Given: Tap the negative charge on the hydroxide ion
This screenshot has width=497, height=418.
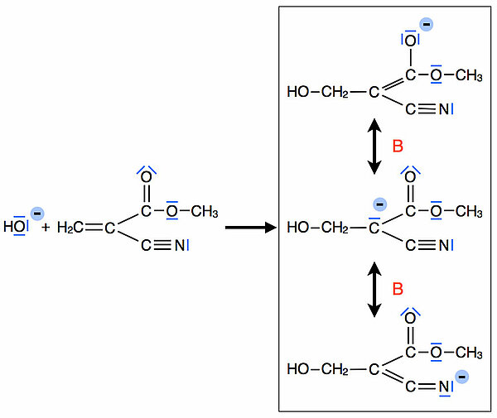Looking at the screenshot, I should (35, 211).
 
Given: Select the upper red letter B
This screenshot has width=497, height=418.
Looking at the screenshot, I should (397, 147).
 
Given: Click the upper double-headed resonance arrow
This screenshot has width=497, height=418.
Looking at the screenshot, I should (374, 147).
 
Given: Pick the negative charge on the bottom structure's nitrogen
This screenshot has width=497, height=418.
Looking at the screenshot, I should (462, 377).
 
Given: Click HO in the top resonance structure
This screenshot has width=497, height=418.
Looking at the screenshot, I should (297, 92).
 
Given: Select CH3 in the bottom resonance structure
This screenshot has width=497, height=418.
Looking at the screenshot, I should (469, 353).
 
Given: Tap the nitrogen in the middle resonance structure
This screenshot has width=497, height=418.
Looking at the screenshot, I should (444, 245).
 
